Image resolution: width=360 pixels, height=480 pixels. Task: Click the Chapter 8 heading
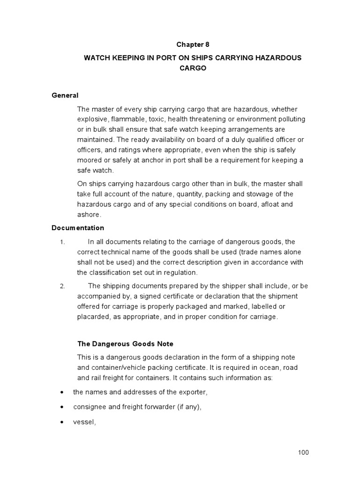(193, 45)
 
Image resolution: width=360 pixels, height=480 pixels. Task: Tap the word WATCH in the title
(97, 57)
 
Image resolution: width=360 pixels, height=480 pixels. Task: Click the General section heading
(65, 96)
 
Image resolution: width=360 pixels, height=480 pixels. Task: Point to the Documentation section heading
(78, 228)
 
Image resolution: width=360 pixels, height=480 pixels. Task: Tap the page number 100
(303, 452)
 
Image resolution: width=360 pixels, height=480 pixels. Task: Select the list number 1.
(62, 242)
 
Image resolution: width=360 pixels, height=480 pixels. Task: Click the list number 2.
(62, 286)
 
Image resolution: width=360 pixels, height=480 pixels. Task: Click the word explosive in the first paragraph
(92, 119)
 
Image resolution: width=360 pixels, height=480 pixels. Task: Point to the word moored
(90, 160)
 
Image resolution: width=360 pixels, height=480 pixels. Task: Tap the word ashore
(89, 215)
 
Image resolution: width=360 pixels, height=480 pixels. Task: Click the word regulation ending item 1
(180, 272)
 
